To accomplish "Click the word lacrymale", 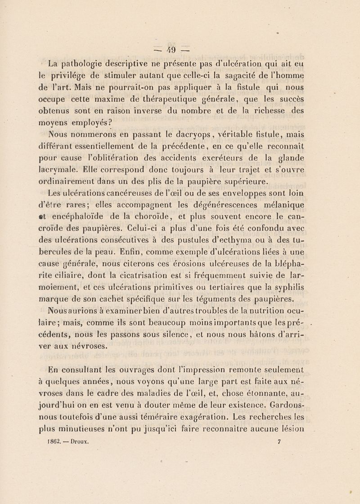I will (67, 171).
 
